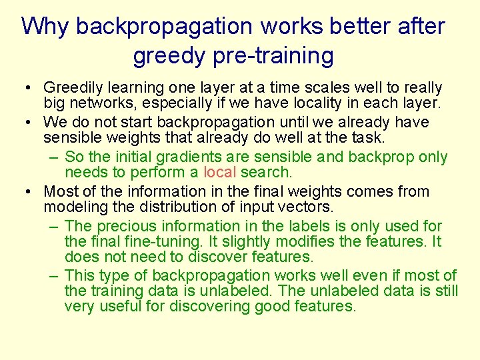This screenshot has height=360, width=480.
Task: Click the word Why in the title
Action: [45, 27]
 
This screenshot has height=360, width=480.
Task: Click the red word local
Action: [219, 173]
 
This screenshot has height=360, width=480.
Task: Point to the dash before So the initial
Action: [53, 157]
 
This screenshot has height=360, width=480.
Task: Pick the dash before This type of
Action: [53, 275]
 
